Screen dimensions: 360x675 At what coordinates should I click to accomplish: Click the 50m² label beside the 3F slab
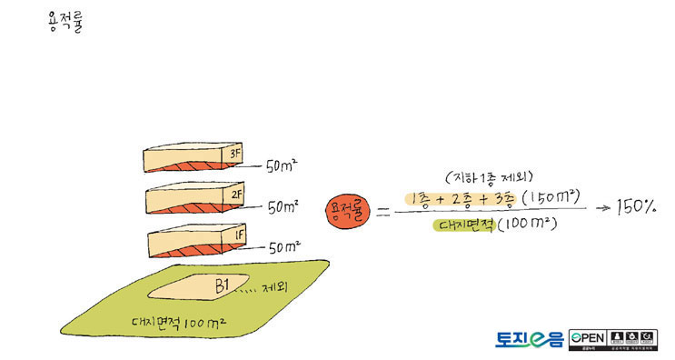click(283, 166)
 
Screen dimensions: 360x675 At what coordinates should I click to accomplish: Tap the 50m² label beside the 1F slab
click(283, 246)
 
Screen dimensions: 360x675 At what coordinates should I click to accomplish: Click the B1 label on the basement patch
click(221, 285)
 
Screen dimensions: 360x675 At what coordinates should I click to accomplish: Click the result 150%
click(636, 207)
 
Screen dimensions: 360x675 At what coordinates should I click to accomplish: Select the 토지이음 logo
click(529, 338)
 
